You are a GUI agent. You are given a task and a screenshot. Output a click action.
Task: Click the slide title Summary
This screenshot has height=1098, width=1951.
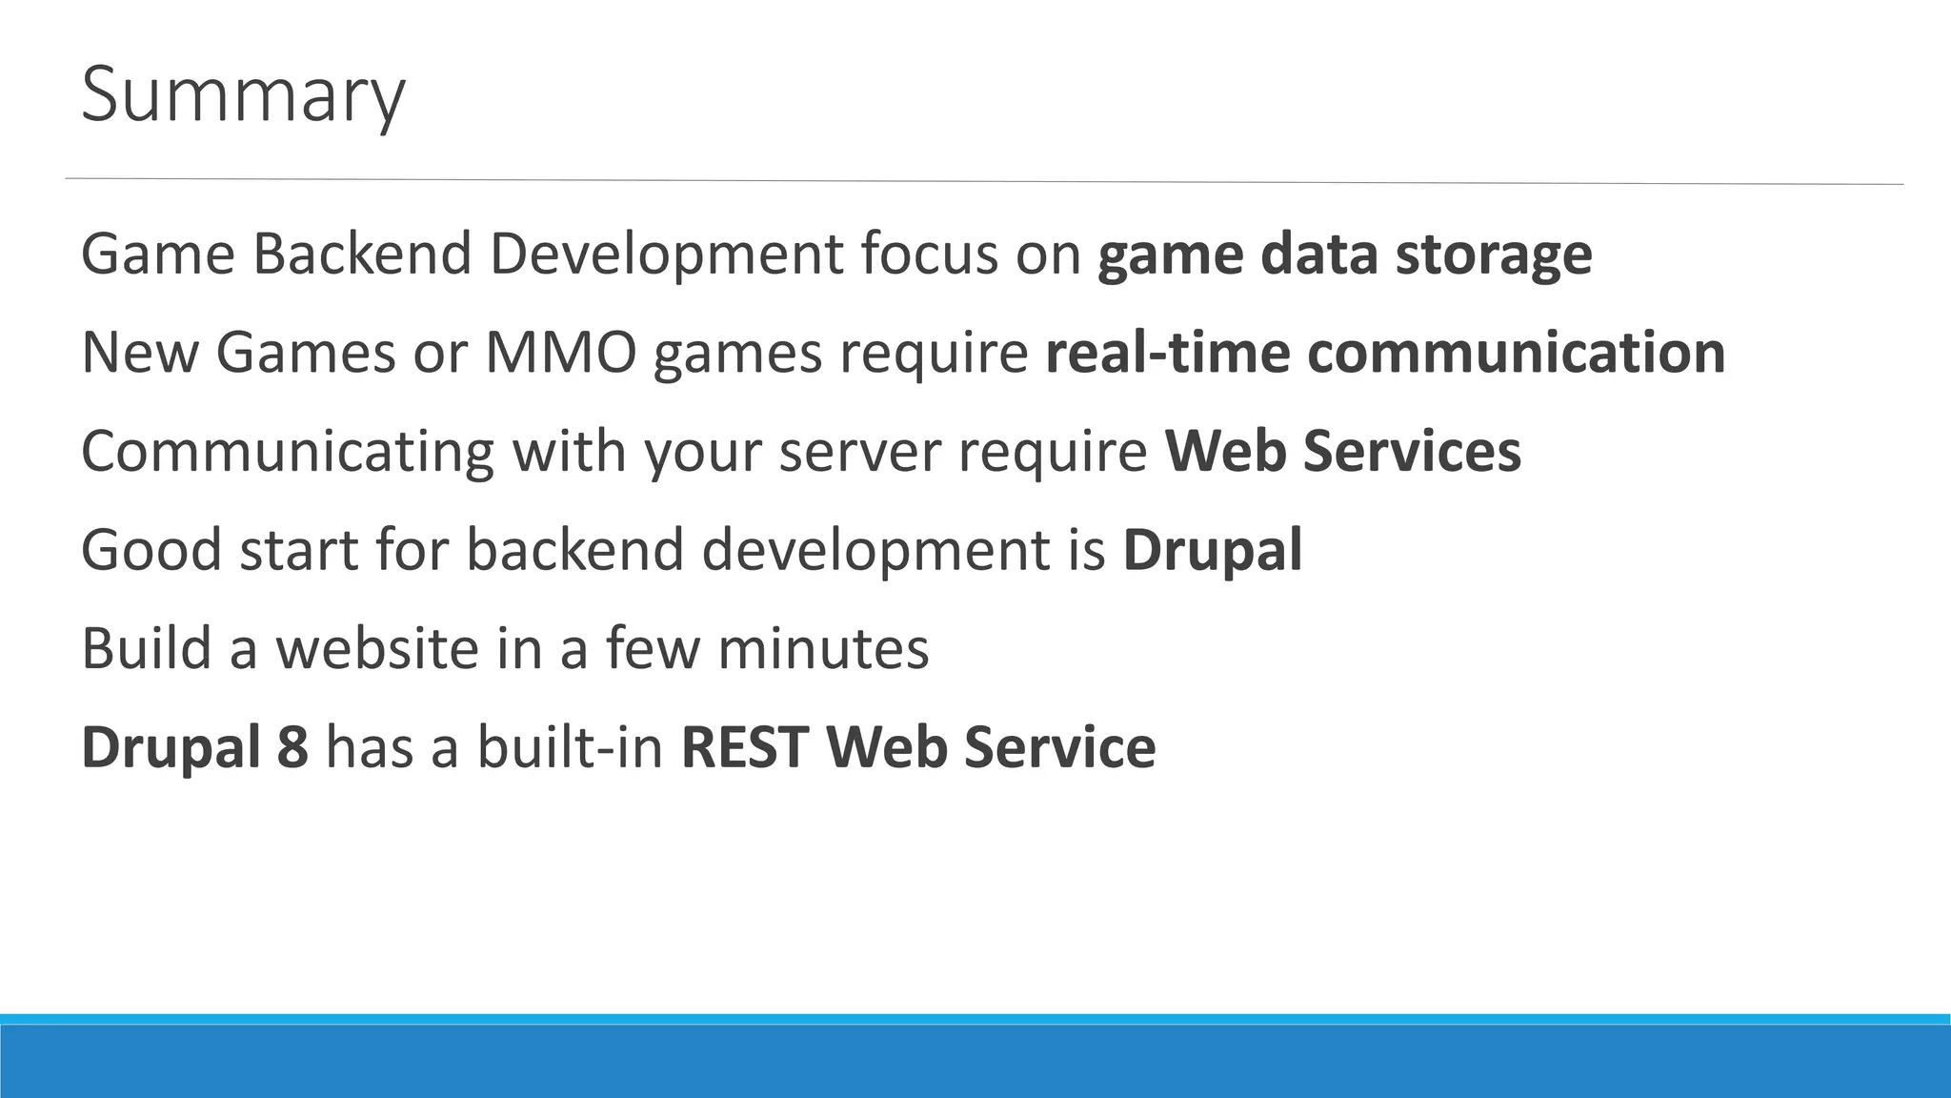pos(243,95)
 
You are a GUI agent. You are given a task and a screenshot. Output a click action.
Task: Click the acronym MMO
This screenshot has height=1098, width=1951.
pos(560,353)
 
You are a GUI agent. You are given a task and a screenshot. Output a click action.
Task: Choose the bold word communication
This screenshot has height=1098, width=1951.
pos(1516,353)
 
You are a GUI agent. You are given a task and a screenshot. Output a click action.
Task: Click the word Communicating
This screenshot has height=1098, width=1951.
pos(288,452)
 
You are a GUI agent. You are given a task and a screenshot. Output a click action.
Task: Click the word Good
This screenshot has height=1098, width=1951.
pos(151,550)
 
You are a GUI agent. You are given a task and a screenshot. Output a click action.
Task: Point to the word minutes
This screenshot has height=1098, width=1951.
pos(823,648)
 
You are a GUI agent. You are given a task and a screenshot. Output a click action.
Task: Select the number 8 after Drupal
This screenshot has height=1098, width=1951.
pos(292,746)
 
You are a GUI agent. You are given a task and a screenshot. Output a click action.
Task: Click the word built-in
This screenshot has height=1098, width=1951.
pos(570,746)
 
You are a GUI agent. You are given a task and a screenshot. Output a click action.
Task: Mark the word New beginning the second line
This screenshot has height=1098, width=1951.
pos(139,353)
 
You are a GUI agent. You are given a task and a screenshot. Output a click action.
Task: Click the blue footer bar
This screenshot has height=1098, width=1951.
pos(975,1060)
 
